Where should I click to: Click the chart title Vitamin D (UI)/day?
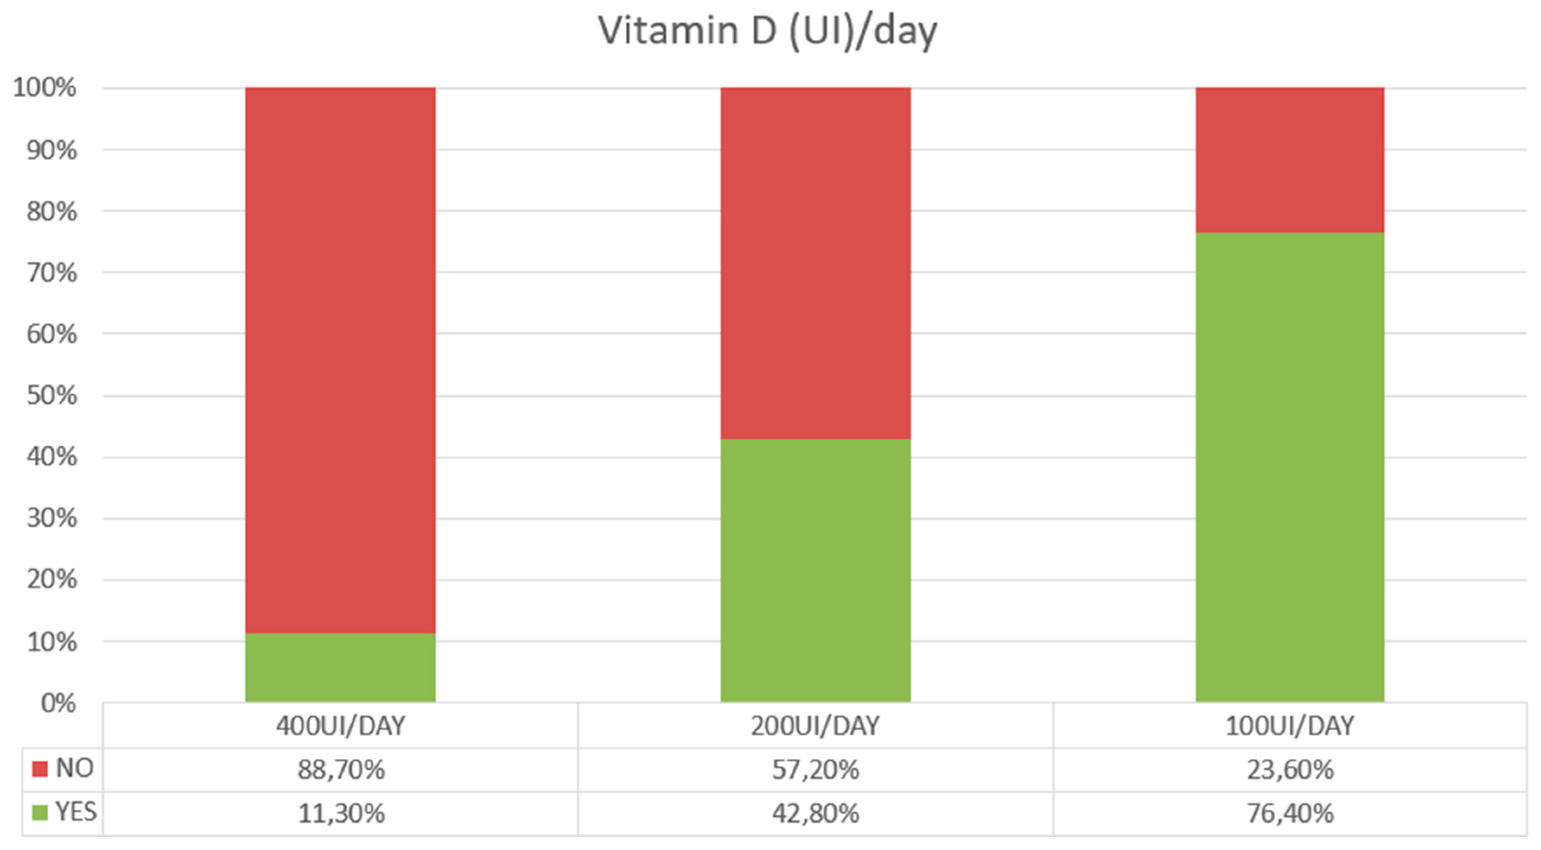(767, 31)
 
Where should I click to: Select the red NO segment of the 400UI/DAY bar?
(341, 359)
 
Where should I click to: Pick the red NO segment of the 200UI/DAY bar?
(815, 263)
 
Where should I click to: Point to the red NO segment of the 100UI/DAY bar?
(1290, 160)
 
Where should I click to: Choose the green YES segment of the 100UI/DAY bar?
(1290, 467)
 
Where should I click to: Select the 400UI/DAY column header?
(341, 726)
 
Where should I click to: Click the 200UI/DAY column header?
(815, 726)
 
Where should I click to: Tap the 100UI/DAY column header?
(1290, 726)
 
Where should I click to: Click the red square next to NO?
(39, 769)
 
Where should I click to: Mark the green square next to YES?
(39, 813)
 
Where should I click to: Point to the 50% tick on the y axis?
(52, 395)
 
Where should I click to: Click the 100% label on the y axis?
(45, 88)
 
